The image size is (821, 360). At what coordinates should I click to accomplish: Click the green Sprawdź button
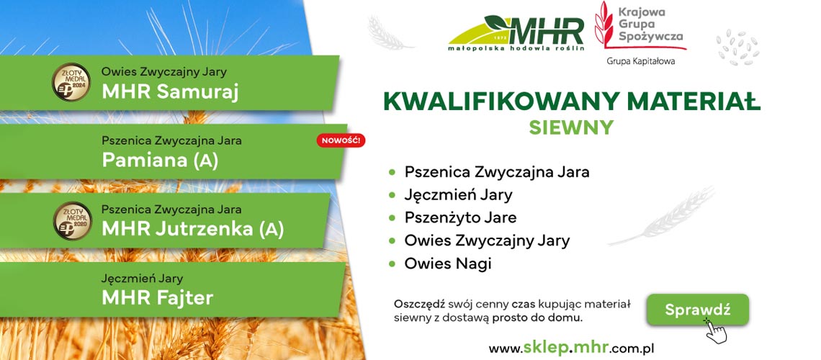[x=697, y=310]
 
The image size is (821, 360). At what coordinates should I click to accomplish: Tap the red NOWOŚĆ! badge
[x=341, y=140]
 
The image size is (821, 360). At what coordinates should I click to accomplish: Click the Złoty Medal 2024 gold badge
[x=71, y=82]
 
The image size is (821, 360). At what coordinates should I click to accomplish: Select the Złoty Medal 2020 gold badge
[x=73, y=221]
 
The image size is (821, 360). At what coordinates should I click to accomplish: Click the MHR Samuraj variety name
[x=170, y=91]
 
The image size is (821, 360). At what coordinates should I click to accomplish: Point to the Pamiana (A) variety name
[x=160, y=161]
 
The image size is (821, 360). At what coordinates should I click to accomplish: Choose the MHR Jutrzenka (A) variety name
[x=193, y=229]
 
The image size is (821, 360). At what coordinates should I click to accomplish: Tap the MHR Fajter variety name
[x=157, y=298]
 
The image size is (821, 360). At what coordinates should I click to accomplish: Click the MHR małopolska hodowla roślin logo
[x=516, y=33]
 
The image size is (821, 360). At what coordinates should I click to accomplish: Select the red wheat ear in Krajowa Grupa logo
[x=604, y=24]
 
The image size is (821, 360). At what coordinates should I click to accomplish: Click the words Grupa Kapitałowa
[x=641, y=61]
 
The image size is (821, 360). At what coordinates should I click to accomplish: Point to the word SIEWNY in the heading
[x=571, y=127]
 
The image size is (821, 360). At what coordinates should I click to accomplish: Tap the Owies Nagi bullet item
[x=448, y=264]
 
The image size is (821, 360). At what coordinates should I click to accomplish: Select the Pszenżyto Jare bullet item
[x=460, y=217]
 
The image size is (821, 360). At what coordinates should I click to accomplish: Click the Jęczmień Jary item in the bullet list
[x=458, y=195]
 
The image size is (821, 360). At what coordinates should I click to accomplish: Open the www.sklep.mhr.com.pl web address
[x=571, y=348]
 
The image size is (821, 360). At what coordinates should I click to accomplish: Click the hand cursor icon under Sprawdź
[x=716, y=330]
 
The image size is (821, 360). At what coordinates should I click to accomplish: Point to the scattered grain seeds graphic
[x=737, y=47]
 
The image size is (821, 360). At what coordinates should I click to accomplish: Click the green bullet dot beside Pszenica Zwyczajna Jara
[x=392, y=172]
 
